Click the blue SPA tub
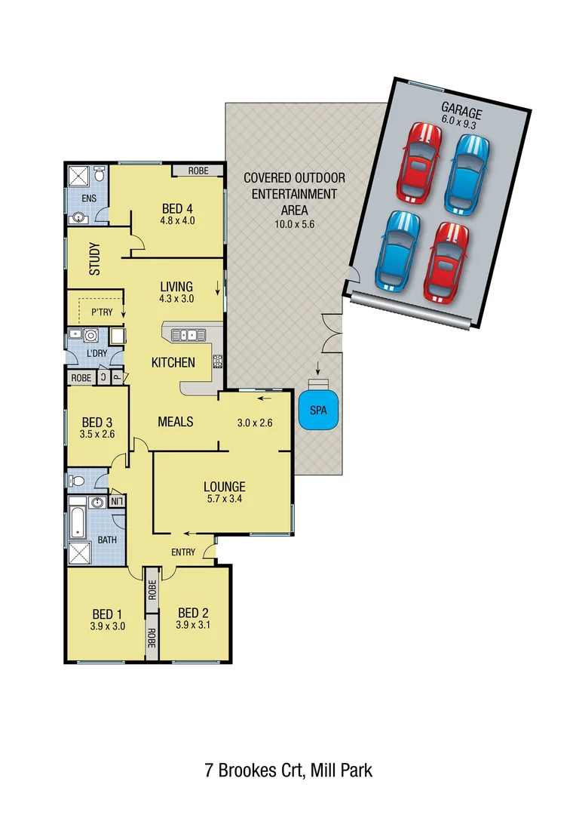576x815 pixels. point(317,411)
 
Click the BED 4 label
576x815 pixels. point(177,209)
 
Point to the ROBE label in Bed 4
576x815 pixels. point(198,171)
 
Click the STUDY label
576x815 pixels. point(94,257)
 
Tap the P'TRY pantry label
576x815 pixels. point(101,312)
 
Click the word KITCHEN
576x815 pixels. point(173,362)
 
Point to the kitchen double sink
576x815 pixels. point(185,334)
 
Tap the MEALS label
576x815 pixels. point(176,421)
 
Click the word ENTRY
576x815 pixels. point(183,552)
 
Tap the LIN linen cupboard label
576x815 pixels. point(117,500)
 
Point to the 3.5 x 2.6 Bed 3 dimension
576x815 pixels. point(97,435)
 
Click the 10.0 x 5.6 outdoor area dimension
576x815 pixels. point(294,223)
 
